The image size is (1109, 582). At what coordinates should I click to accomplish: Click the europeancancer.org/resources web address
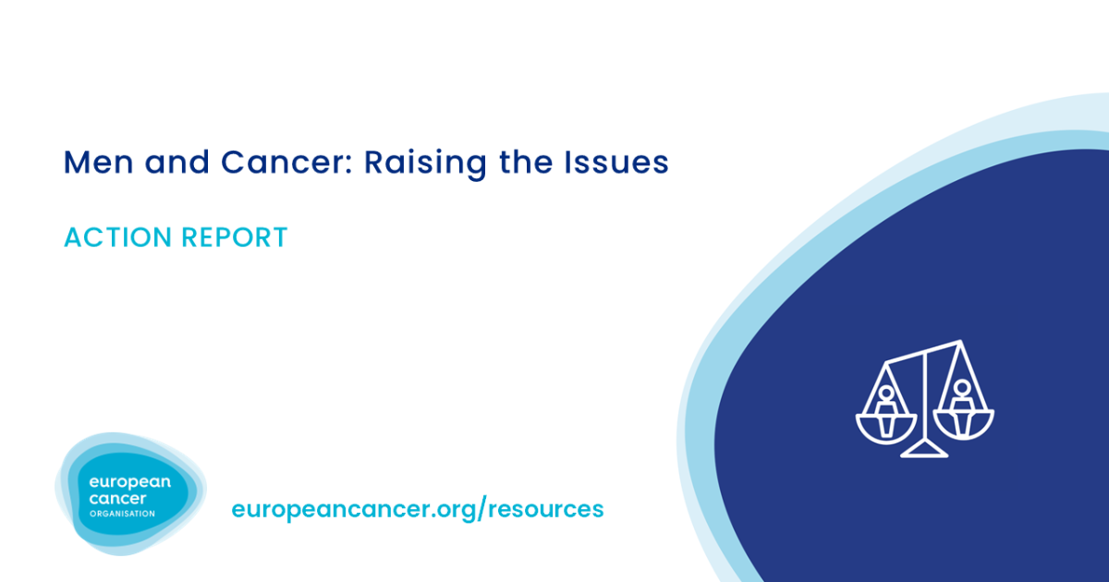417,508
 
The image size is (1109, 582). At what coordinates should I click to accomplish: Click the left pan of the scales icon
886,427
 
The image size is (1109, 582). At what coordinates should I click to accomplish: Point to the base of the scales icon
925,452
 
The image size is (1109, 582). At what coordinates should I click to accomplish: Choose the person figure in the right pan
963,399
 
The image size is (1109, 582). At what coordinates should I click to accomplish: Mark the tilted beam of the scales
924,352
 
